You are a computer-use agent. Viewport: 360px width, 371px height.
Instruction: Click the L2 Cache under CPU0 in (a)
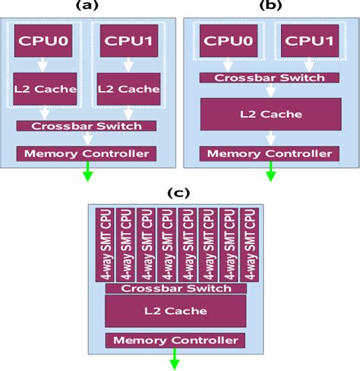[x=45, y=89]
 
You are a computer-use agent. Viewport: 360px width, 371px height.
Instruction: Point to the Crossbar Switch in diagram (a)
[x=87, y=125]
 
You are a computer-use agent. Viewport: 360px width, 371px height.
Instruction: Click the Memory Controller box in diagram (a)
[x=87, y=153]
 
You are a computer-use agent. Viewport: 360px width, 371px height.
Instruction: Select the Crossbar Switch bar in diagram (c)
[x=175, y=288]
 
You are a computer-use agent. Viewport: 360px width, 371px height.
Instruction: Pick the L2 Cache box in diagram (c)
[x=175, y=312]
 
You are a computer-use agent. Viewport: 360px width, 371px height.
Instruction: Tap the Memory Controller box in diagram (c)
[x=175, y=341]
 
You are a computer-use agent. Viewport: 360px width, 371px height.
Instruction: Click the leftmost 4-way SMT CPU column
[x=104, y=244]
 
